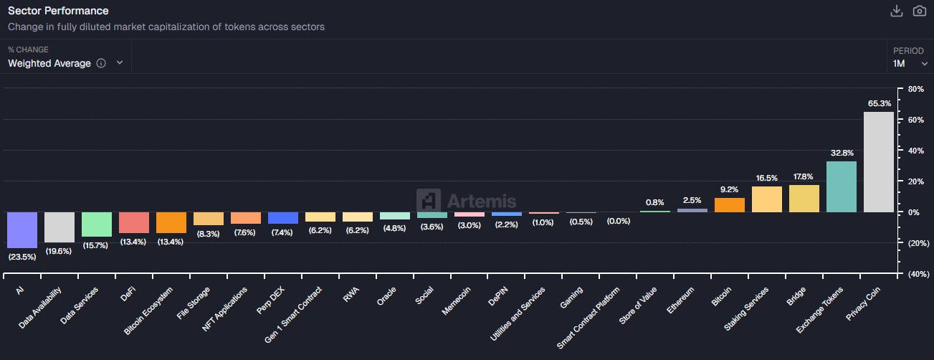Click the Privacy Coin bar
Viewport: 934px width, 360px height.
[x=878, y=162]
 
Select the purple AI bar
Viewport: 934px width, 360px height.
[x=22, y=229]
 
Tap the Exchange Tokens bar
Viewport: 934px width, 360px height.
[x=841, y=186]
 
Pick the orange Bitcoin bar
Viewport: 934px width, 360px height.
[x=729, y=205]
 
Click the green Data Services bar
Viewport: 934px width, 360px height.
[x=96, y=224]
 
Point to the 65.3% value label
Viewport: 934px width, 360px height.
[x=879, y=103]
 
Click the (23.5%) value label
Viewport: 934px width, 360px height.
[x=22, y=256]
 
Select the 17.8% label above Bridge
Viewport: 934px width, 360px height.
[x=804, y=176]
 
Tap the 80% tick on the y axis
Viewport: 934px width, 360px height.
[x=915, y=89]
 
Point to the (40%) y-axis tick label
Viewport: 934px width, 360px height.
[x=917, y=274]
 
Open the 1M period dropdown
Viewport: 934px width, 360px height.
[x=908, y=63]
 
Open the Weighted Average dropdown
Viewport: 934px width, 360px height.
[x=65, y=63]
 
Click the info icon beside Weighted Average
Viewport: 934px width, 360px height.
[x=101, y=63]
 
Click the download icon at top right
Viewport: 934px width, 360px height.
[x=896, y=11]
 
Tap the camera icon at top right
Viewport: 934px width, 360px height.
[x=919, y=11]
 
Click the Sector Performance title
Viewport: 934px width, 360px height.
[x=58, y=11]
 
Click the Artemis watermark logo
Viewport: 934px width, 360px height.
[x=467, y=201]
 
